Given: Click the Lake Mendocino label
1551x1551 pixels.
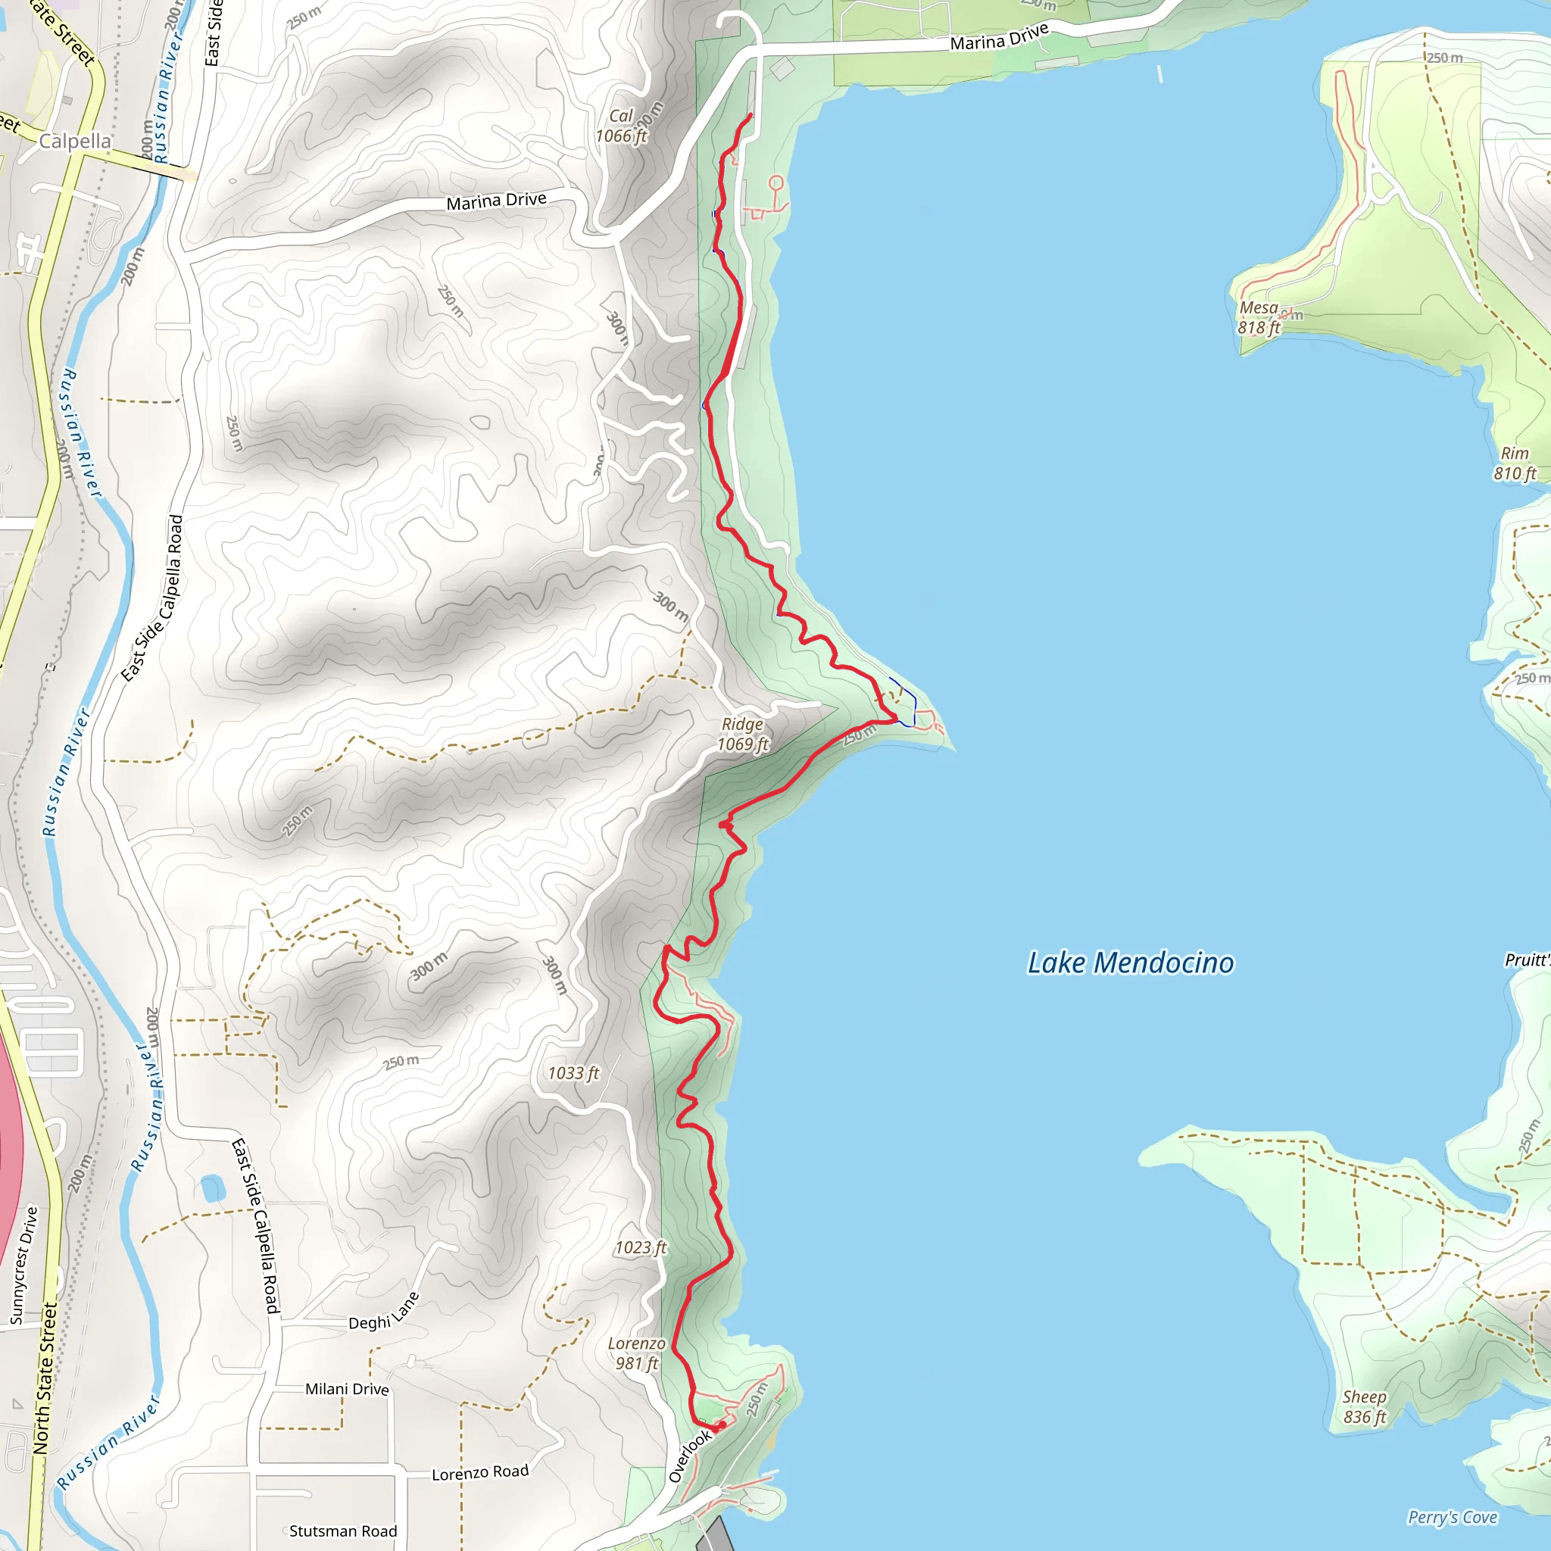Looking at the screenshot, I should tap(1131, 963).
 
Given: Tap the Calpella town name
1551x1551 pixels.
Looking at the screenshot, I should tap(76, 142).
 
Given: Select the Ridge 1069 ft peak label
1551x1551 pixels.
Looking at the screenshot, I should tap(743, 735).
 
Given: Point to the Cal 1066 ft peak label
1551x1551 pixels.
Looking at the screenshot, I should tap(620, 126).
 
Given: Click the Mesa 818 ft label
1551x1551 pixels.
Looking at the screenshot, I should tap(1259, 318).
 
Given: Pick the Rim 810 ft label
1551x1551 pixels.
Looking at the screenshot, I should tap(1514, 463).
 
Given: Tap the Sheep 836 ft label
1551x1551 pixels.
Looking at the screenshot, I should tap(1365, 1406).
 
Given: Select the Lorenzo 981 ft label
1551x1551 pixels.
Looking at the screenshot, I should tap(636, 1353).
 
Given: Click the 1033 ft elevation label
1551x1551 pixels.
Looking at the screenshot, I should tap(573, 1073).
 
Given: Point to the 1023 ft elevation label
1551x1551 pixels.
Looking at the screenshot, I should tap(641, 1247).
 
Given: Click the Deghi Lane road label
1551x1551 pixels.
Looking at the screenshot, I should tap(384, 1312).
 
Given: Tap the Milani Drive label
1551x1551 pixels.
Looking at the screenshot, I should tap(347, 1389).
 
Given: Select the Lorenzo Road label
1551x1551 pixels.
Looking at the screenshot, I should tap(480, 1472).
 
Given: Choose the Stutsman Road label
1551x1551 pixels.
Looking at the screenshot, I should tap(343, 1531).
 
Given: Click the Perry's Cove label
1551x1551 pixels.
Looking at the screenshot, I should tap(1453, 1517).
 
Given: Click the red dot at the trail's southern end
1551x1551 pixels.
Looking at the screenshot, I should tap(722, 1425).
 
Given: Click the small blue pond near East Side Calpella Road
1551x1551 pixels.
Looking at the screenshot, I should tap(213, 1187).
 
